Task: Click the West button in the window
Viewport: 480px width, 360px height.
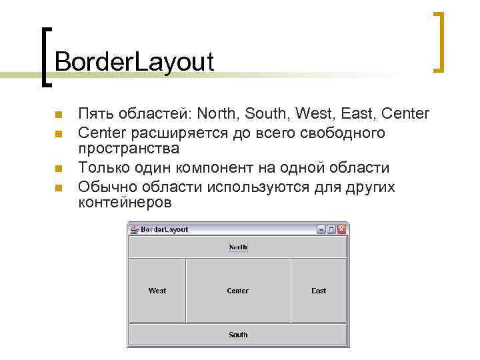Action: tap(157, 291)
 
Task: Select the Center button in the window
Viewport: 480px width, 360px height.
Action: tap(238, 291)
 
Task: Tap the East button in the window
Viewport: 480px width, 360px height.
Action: tap(319, 291)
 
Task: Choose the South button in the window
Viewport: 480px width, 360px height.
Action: tap(238, 335)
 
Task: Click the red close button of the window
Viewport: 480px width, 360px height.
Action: tap(342, 229)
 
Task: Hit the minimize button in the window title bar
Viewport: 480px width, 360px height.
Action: tap(322, 229)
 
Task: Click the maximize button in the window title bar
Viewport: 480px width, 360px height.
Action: tap(332, 229)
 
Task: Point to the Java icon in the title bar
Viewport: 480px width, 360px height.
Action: tap(134, 229)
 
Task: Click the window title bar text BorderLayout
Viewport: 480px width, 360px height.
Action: tap(165, 229)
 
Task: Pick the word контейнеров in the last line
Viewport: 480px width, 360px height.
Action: tap(125, 203)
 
